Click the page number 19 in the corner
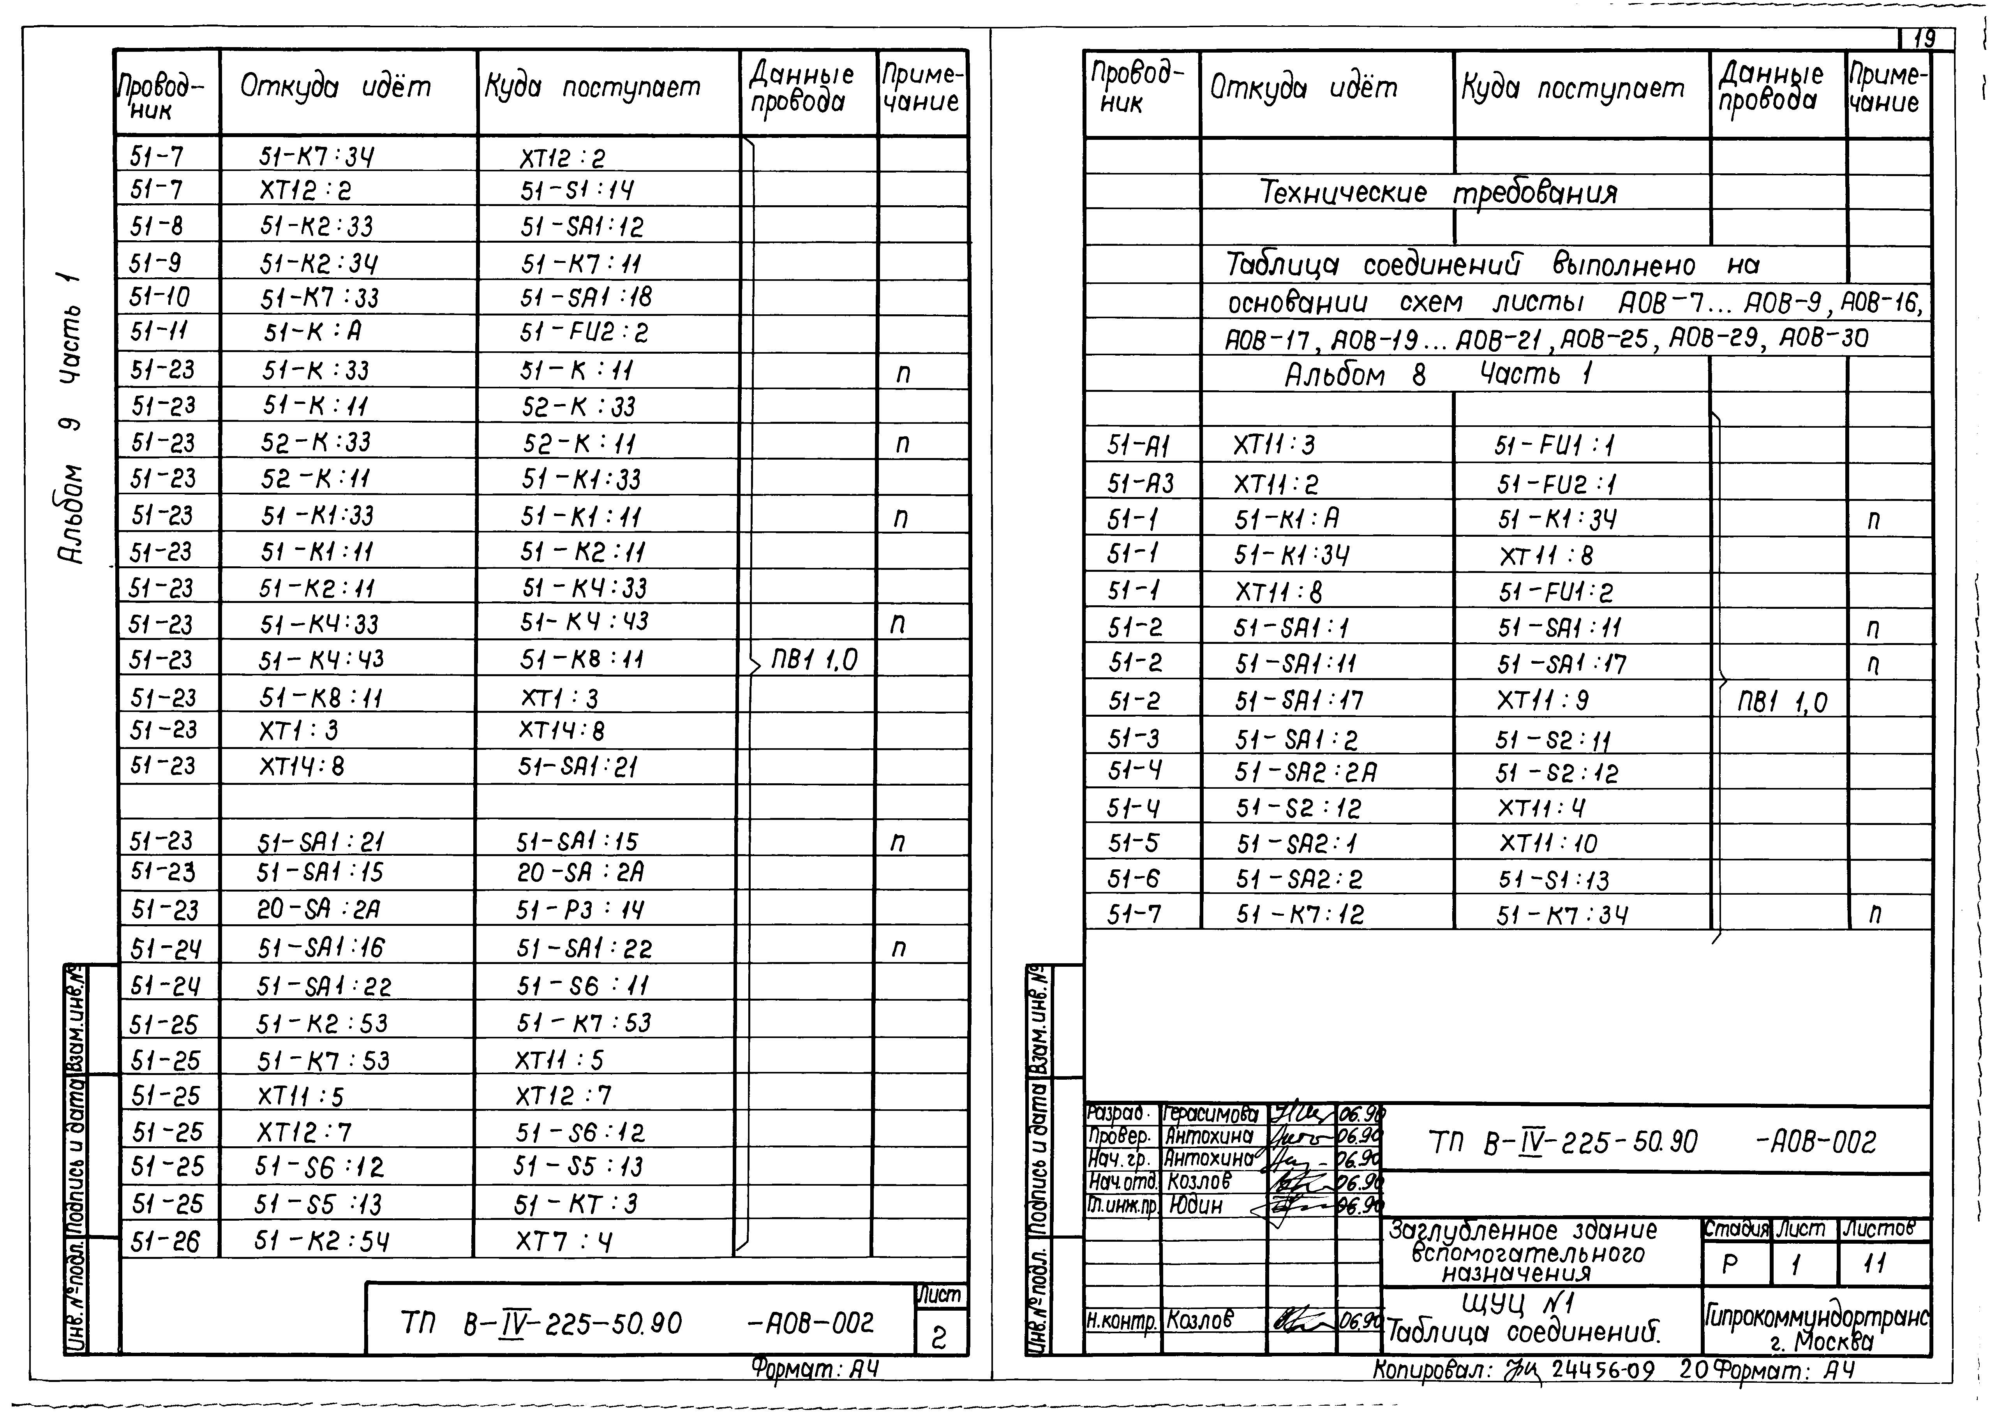(1924, 39)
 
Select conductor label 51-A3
(1139, 483)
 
